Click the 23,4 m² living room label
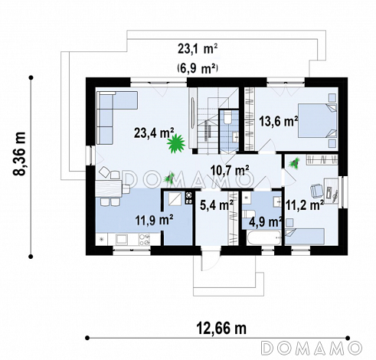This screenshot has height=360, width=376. [x=154, y=133]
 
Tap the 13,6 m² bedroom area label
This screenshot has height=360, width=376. [x=279, y=121]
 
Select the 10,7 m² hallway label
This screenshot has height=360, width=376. [x=230, y=171]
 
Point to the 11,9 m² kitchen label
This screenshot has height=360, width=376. [x=155, y=220]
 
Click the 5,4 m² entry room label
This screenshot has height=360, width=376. [x=217, y=205]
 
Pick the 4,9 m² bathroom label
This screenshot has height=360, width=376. [x=266, y=222]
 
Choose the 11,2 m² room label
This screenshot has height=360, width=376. [x=305, y=205]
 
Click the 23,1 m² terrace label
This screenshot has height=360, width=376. [x=198, y=49]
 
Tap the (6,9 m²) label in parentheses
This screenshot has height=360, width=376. [x=198, y=69]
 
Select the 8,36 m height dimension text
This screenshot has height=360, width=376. [x=20, y=154]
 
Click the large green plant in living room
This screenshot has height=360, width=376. [x=176, y=144]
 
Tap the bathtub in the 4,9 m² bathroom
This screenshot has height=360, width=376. [x=264, y=238]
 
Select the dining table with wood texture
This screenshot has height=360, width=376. [x=109, y=188]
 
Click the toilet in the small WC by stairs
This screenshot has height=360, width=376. [x=227, y=117]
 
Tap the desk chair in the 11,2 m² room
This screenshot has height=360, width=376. [x=316, y=191]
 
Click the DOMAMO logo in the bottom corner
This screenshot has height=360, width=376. [x=312, y=348]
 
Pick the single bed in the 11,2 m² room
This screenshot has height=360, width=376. [x=305, y=237]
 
